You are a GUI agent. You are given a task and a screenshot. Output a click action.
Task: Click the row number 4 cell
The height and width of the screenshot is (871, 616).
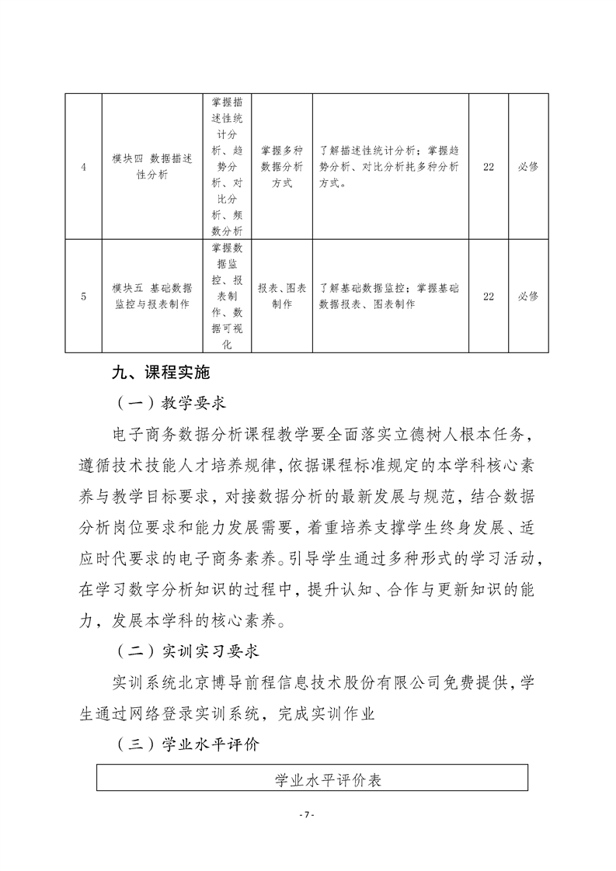[83, 166]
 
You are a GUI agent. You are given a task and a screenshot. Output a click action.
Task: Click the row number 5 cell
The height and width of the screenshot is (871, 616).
[83, 296]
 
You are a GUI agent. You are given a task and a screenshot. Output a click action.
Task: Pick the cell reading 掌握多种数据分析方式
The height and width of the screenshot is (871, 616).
[281, 166]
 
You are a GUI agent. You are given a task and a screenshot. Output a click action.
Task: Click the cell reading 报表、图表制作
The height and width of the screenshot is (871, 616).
[281, 296]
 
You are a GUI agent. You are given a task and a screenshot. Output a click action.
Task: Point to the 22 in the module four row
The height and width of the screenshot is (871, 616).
[489, 166]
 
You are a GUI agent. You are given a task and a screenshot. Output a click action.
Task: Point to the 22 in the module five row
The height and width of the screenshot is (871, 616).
[489, 296]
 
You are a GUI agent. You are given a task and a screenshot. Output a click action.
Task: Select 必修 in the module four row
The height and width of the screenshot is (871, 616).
[528, 166]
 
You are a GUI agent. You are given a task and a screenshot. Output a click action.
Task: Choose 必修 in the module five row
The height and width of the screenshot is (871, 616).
[528, 296]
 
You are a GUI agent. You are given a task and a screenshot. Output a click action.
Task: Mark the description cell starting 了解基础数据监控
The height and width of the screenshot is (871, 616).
[388, 296]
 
